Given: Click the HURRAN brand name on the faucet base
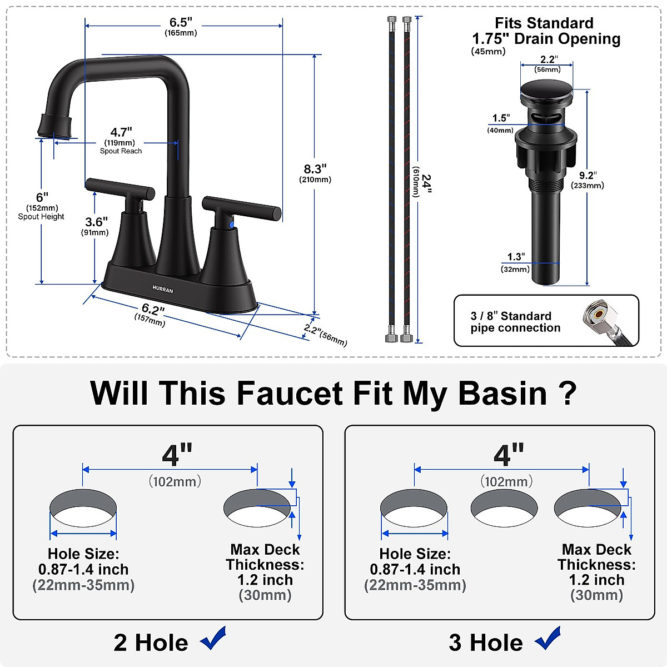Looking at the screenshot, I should pos(163,290).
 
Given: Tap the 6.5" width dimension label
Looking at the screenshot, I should pos(181,23).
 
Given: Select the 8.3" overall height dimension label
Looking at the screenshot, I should pos(315,169).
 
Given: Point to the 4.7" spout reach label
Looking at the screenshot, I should pos(121,132).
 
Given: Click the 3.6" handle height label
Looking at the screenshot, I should pos(96,222).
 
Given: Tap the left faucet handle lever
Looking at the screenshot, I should pos(120,188).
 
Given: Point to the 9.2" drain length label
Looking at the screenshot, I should pos(586,176).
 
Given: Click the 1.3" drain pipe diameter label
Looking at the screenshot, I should pos(516,257).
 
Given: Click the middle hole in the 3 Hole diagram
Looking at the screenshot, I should pos(504,509).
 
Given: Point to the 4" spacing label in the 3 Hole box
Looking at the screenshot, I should pos(509,455).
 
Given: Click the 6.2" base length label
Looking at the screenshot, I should pos(153,310).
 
